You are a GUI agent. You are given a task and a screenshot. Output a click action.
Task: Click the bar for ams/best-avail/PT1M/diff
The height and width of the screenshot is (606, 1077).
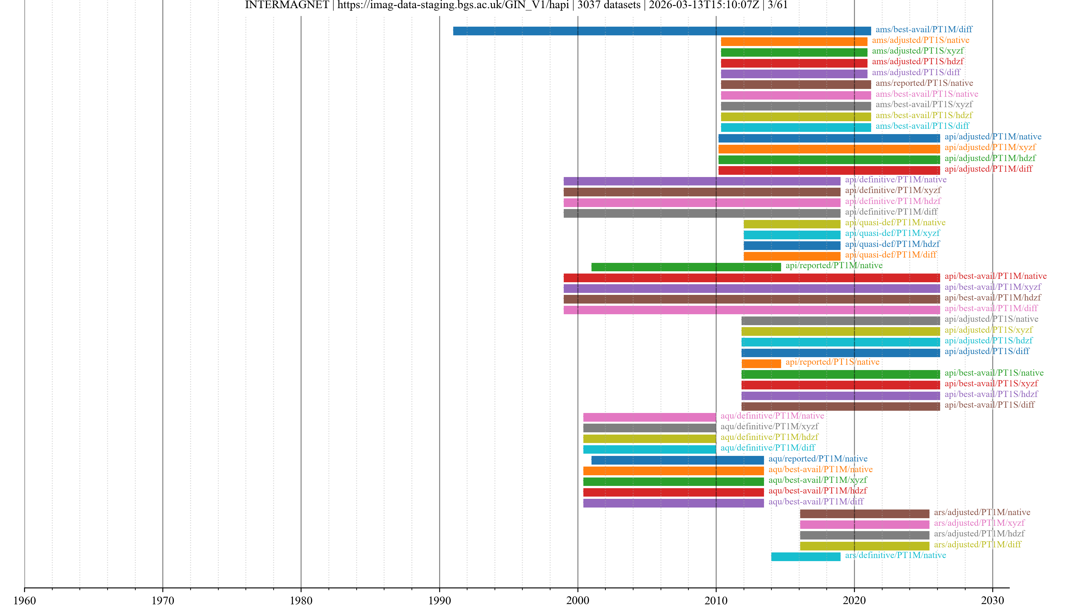(x=662, y=31)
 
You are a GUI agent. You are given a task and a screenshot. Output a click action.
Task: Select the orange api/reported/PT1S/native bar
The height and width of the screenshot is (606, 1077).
(x=761, y=363)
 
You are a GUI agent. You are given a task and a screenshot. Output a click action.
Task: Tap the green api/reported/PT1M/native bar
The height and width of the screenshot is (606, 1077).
(x=686, y=267)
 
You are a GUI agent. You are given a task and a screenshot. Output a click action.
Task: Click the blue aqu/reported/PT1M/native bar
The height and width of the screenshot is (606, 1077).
(x=677, y=460)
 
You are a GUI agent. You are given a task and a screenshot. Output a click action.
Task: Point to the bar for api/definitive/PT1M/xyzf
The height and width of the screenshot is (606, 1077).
(x=701, y=192)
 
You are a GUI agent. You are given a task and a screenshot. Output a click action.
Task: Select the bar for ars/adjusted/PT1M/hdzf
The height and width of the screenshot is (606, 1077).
(x=864, y=535)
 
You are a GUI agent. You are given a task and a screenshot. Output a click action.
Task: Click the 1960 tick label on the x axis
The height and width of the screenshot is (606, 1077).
(x=25, y=600)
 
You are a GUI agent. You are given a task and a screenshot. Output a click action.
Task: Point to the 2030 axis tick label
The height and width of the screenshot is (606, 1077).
(x=992, y=600)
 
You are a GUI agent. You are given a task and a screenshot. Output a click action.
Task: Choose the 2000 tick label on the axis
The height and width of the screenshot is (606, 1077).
(x=578, y=600)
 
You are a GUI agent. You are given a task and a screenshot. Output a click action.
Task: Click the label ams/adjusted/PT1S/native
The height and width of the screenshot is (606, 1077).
(x=920, y=40)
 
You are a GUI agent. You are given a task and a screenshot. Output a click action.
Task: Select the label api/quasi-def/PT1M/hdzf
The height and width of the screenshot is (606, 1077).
(x=892, y=244)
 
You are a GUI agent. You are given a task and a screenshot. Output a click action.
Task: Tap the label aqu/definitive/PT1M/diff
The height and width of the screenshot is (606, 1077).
(x=768, y=447)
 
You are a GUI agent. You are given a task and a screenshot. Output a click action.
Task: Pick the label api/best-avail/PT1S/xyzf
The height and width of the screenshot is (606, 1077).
(x=991, y=384)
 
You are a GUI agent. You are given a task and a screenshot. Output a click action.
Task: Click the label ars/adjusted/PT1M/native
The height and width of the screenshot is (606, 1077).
(x=982, y=512)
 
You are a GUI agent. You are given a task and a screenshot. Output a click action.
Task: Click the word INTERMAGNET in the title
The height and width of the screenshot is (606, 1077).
(x=287, y=5)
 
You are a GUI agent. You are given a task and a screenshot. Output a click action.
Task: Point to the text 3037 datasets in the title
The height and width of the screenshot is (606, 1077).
(x=609, y=5)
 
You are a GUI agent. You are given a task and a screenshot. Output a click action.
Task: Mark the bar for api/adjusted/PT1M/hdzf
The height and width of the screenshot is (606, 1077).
(x=829, y=160)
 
